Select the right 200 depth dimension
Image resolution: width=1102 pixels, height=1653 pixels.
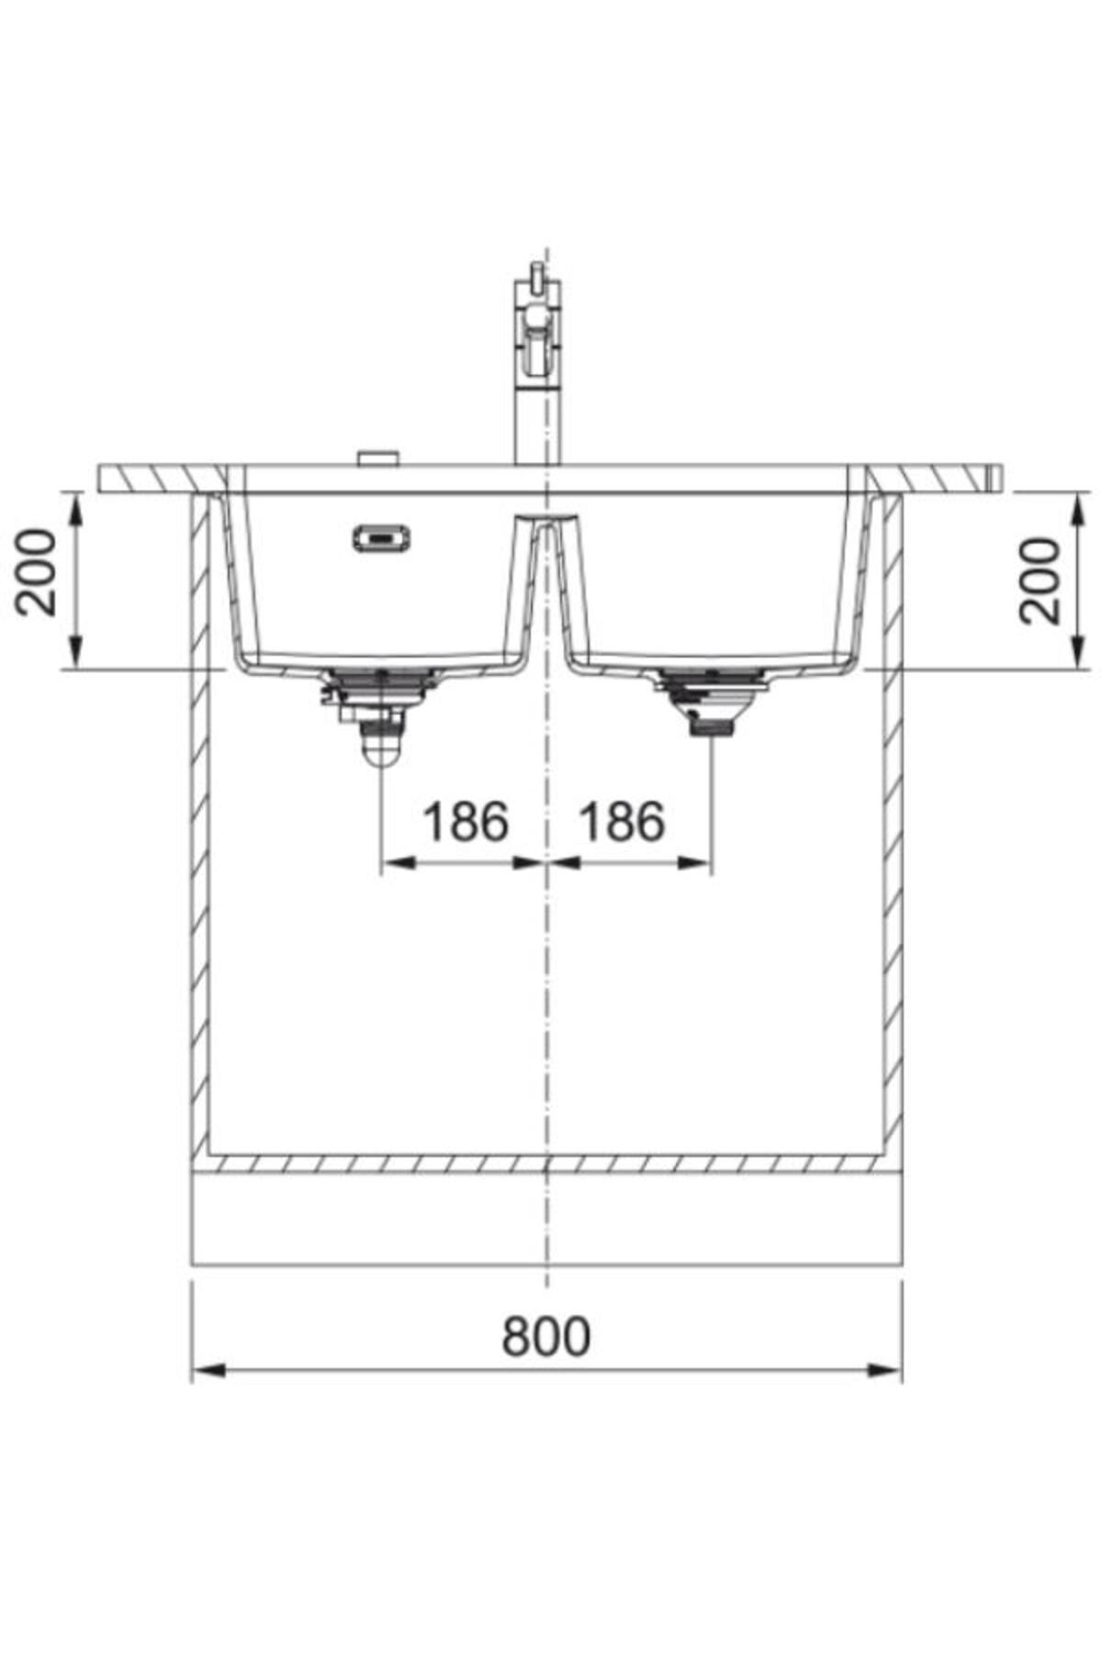[x=1040, y=580]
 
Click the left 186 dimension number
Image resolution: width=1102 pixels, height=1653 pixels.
[x=465, y=822]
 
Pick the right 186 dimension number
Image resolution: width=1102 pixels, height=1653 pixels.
[x=621, y=822]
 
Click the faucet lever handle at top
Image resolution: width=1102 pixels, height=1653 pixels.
[x=533, y=275]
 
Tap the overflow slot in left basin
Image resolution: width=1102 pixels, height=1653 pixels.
[x=381, y=537]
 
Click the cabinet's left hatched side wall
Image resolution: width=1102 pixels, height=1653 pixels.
[x=199, y=826]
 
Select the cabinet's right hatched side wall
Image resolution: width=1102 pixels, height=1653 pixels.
[x=892, y=826]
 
